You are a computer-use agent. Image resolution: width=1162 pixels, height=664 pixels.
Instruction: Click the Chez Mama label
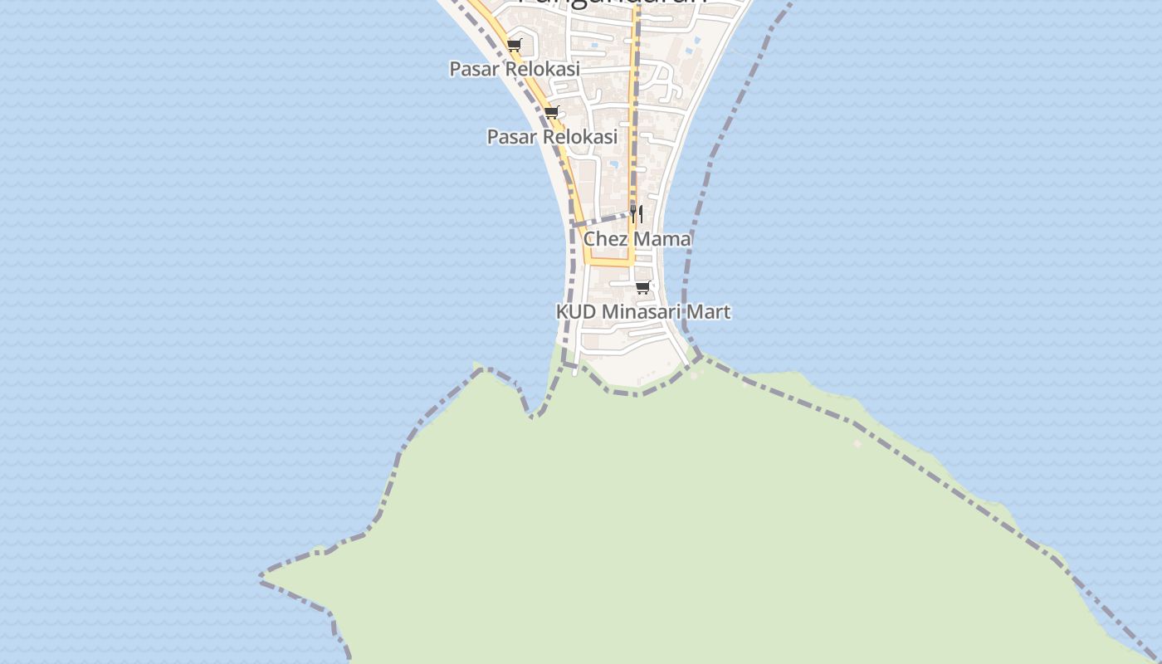(x=637, y=239)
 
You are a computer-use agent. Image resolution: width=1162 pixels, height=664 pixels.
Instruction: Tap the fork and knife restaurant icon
(x=636, y=213)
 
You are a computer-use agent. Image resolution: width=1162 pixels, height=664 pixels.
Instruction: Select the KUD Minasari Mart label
(x=642, y=312)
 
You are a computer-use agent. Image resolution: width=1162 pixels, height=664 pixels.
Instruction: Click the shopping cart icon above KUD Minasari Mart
(x=642, y=288)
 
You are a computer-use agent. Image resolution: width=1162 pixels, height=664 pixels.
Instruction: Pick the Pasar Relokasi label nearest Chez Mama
(x=552, y=136)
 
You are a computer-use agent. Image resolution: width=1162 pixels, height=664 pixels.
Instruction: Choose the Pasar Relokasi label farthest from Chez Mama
(x=515, y=69)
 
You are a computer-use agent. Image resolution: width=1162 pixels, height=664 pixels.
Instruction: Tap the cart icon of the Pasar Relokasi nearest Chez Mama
(x=551, y=113)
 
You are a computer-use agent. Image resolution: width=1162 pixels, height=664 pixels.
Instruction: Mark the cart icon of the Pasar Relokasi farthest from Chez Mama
(x=515, y=46)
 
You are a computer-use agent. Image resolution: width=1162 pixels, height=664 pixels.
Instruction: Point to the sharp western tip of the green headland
(x=263, y=574)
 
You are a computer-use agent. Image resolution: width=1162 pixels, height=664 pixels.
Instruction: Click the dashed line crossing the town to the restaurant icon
(x=602, y=220)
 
